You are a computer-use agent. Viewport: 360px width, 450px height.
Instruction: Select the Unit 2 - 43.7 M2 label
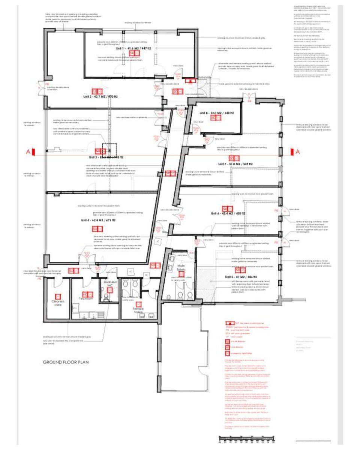(100, 97)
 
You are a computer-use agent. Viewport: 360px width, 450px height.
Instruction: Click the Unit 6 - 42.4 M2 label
(229, 213)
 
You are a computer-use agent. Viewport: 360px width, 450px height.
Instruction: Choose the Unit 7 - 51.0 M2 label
(236, 164)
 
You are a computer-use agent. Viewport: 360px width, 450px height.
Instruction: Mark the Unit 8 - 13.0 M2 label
(217, 113)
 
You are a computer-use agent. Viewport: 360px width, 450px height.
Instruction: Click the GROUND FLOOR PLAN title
(66, 362)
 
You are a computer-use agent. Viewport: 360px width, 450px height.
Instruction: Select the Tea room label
(86, 298)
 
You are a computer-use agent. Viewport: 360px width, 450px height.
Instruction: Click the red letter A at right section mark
(298, 152)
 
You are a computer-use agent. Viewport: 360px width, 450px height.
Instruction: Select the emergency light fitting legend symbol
(227, 353)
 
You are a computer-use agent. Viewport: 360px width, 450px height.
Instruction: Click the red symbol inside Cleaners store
(58, 296)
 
